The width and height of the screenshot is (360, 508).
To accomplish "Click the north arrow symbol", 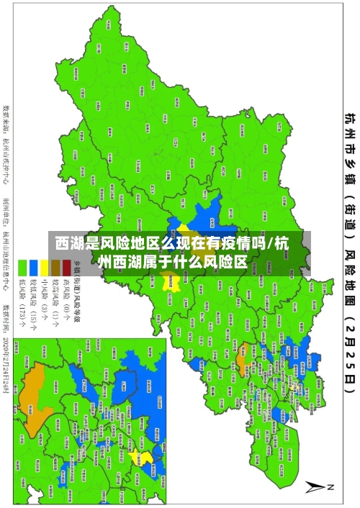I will click(318, 486).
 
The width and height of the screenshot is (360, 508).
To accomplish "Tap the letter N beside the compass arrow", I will click(331, 488).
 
